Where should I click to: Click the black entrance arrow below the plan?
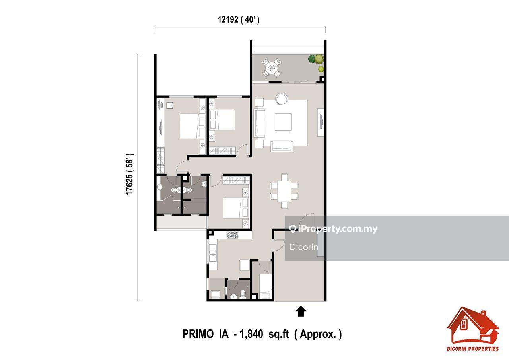tap(301, 311)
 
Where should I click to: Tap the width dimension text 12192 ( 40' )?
tap(239, 20)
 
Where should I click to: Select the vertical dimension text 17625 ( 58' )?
tap(130, 174)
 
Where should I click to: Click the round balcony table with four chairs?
tap(272, 68)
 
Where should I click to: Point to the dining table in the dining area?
tap(284, 191)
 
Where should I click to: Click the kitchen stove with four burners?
tap(233, 235)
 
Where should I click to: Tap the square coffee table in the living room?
tap(283, 122)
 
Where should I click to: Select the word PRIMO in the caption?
tap(198, 334)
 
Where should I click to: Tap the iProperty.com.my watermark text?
tap(338, 229)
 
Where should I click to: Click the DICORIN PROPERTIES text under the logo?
tap(473, 348)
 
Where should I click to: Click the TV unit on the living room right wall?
tap(321, 122)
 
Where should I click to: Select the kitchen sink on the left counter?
tap(213, 256)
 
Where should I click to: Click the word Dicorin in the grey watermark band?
tap(304, 247)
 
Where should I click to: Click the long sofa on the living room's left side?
tap(260, 123)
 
